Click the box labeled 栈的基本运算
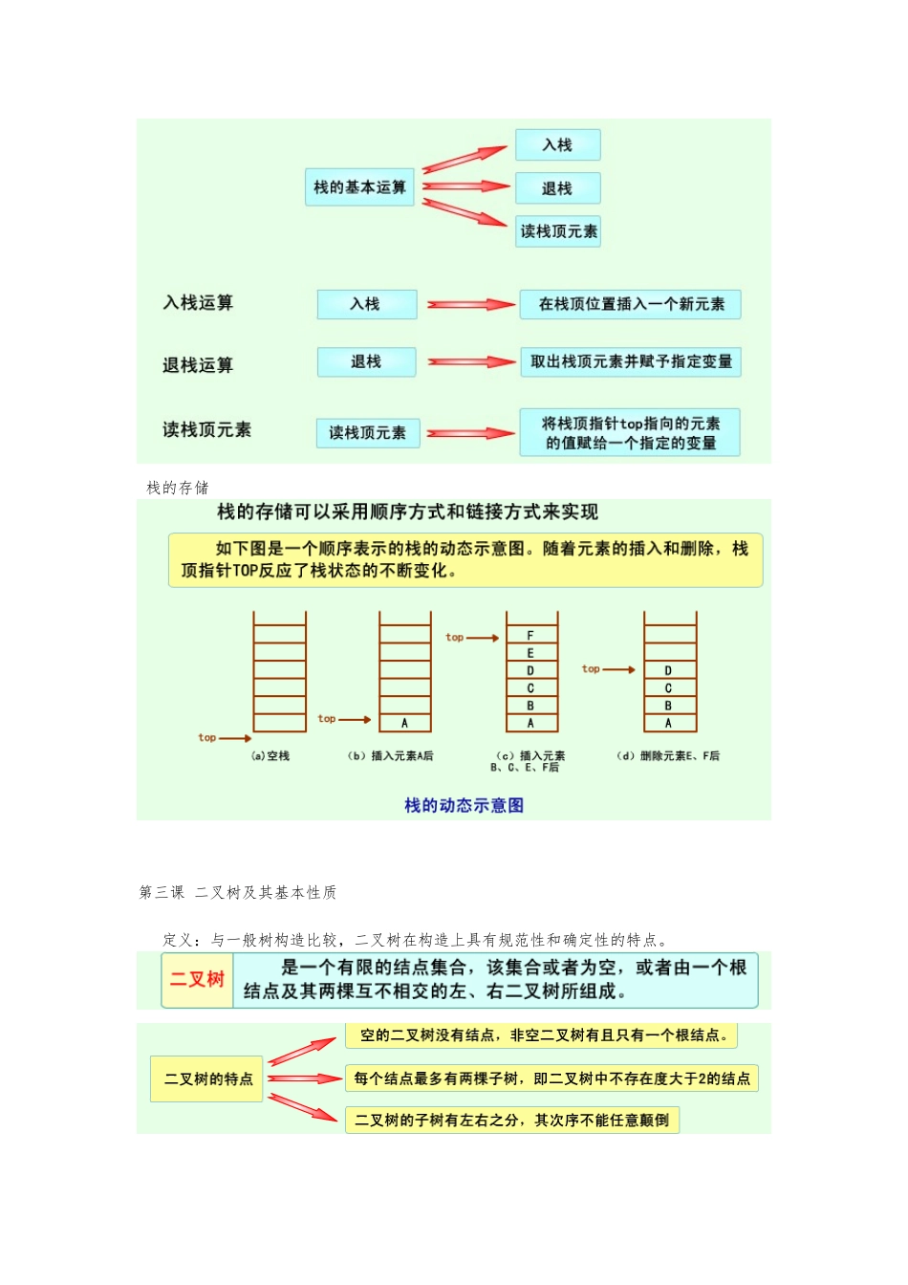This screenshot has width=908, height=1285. point(359,187)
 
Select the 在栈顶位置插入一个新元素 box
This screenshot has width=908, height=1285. point(631,304)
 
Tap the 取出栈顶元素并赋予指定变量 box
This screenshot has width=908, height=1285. point(631,361)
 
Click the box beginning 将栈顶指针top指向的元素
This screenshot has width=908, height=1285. point(630,433)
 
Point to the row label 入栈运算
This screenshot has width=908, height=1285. point(198,303)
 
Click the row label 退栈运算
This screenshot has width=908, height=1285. point(198,365)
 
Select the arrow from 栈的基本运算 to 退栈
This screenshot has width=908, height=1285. point(465,186)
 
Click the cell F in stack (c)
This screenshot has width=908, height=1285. point(530,636)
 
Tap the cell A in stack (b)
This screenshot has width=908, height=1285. point(405,724)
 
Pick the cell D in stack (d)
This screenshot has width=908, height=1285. point(669,671)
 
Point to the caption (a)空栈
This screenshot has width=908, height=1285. point(270,756)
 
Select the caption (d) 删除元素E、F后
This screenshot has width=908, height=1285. point(668,756)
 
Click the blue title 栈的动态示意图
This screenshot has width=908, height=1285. point(464,805)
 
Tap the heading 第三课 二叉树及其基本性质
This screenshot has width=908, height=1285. point(238,892)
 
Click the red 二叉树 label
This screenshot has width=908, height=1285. point(197,979)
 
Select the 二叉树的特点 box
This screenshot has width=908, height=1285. point(207,1079)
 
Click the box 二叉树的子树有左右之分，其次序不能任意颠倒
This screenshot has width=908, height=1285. point(512,1121)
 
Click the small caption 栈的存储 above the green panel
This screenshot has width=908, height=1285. point(178,488)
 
